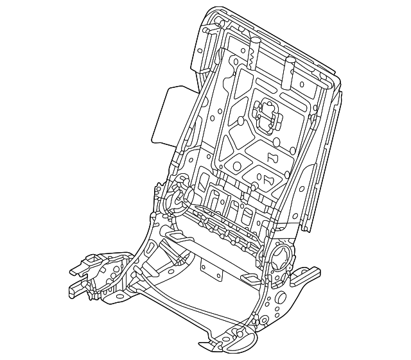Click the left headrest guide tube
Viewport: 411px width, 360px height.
click(255, 51)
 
